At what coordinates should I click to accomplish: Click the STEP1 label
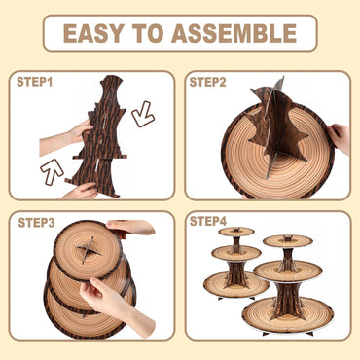(x=36, y=82)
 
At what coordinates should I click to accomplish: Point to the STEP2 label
(x=208, y=82)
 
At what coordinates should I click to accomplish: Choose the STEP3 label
(x=37, y=223)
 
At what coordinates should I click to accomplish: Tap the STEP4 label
(x=208, y=222)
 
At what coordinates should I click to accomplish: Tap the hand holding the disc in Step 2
(x=340, y=137)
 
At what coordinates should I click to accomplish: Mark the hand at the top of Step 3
(x=131, y=227)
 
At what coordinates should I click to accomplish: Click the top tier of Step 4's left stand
(x=235, y=232)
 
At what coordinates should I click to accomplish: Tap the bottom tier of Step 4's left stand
(x=235, y=283)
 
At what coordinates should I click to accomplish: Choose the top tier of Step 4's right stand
(x=287, y=239)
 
